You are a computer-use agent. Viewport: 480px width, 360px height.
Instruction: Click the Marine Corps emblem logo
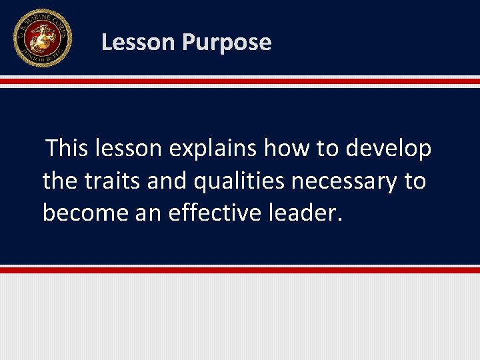point(42,38)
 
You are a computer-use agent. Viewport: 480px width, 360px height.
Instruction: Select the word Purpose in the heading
point(226,43)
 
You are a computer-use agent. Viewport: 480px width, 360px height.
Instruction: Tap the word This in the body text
point(67,148)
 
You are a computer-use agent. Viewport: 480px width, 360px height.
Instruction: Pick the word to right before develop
point(327,148)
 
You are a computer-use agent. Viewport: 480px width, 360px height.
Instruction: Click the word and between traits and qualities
point(168,180)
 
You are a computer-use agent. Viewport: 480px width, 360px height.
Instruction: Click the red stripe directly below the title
point(240,81)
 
